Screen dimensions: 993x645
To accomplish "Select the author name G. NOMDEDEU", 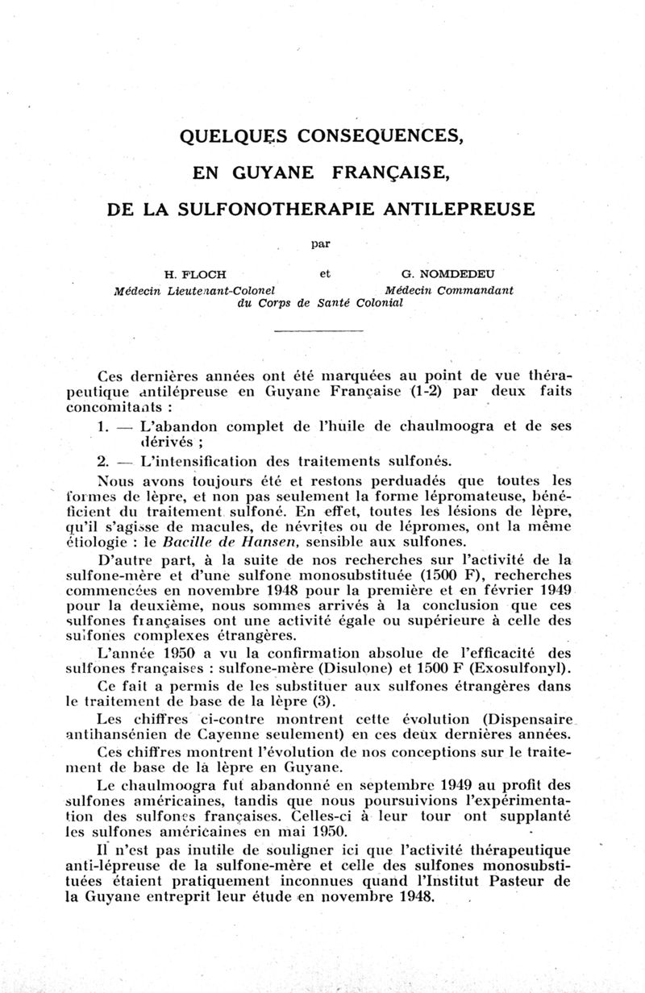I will point(450,274).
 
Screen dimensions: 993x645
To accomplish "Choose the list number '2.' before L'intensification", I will point(103,461).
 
